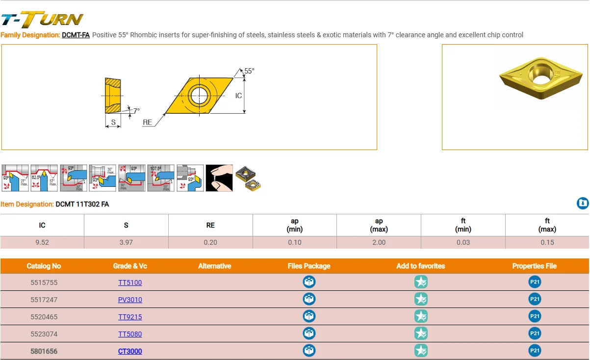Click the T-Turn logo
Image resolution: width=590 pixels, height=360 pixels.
[x=42, y=19]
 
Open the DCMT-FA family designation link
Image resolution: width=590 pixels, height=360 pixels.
[x=76, y=35]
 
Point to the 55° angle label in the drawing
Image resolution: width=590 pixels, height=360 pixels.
[x=249, y=71]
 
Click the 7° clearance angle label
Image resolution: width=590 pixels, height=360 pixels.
[x=136, y=111]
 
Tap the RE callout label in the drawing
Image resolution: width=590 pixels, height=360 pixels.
[x=148, y=122]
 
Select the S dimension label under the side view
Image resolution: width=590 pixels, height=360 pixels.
[x=113, y=122]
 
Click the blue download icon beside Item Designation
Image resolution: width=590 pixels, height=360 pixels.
[x=582, y=204]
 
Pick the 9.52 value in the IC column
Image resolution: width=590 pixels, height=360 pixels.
[x=42, y=242]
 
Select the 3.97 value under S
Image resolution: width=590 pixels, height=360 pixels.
[x=126, y=242]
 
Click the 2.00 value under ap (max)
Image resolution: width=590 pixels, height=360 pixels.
[x=379, y=242]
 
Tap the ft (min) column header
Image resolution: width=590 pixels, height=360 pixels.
[x=463, y=225]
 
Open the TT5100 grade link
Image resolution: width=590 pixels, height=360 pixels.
[x=130, y=283]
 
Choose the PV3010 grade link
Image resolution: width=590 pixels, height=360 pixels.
[x=130, y=300]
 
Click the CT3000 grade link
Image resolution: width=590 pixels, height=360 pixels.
[x=130, y=351]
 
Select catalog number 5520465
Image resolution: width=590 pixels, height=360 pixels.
[x=44, y=317]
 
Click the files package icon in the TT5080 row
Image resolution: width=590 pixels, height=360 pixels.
[x=309, y=334]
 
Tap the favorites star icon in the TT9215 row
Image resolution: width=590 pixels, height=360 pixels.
[x=421, y=316]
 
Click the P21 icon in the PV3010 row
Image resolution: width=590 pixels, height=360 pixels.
[x=535, y=299]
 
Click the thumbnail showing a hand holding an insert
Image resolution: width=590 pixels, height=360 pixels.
[x=219, y=178]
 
